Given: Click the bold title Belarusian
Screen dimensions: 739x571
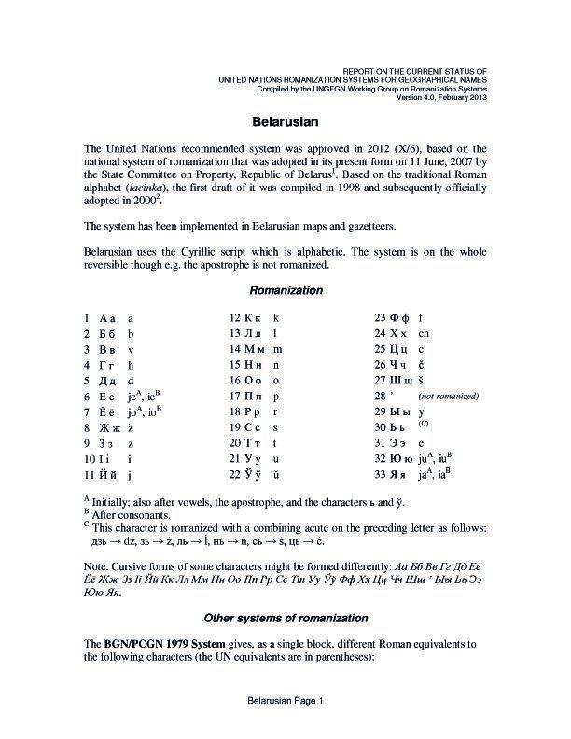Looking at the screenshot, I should [285, 122].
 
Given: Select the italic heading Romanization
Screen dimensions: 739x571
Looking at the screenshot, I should [285, 291].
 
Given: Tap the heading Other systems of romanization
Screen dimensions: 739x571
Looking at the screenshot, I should [285, 619].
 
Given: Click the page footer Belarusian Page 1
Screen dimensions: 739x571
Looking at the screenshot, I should [285, 702].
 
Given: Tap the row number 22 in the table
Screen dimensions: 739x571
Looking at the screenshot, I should [235, 475].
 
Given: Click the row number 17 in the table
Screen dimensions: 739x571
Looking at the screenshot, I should [235, 396].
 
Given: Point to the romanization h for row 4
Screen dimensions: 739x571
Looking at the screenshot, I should [132, 364].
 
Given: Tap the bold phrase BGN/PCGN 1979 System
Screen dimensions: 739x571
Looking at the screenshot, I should [168, 644].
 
